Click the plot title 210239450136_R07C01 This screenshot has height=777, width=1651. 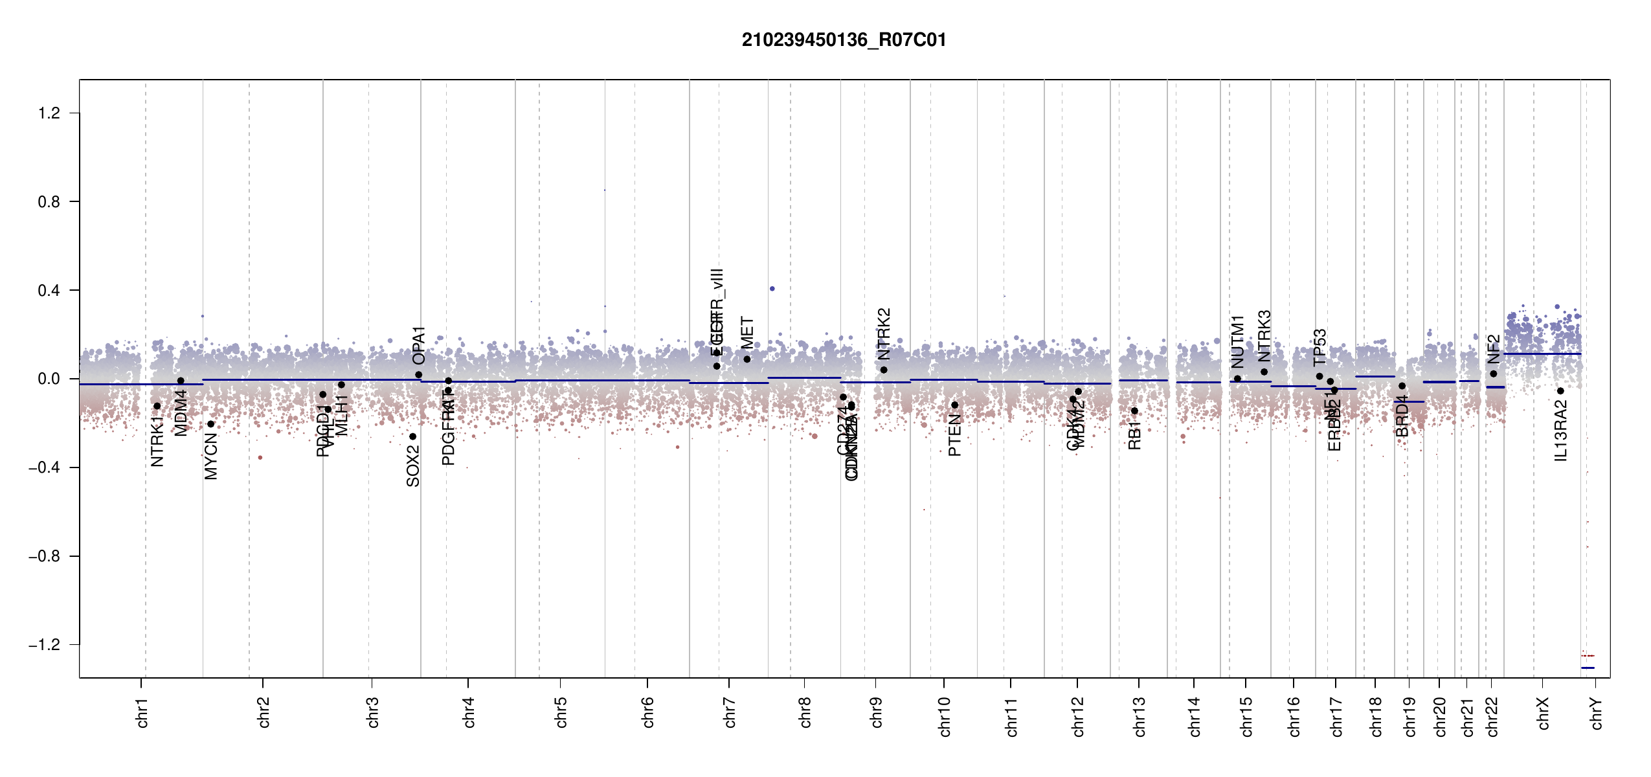(x=844, y=40)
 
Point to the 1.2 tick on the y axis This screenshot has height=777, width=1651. (x=49, y=113)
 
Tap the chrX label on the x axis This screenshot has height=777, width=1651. (x=1543, y=713)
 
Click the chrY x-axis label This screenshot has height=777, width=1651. (x=1597, y=713)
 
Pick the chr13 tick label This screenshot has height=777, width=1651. (x=1139, y=716)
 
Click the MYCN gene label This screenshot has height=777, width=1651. (x=211, y=456)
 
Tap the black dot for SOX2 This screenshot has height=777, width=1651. (x=412, y=436)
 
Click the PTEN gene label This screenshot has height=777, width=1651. (x=954, y=436)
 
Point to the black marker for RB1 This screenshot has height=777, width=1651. (x=1134, y=411)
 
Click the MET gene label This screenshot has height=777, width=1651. (x=747, y=332)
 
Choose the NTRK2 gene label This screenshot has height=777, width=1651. (x=884, y=333)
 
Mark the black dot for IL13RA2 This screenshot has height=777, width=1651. (x=1560, y=391)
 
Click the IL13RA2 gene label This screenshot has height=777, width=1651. (x=1561, y=431)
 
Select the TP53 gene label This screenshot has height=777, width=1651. (x=1320, y=348)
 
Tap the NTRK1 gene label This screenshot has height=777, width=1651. (x=157, y=442)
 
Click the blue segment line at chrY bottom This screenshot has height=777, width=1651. (x=1588, y=668)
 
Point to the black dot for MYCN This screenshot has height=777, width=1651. (x=210, y=424)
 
